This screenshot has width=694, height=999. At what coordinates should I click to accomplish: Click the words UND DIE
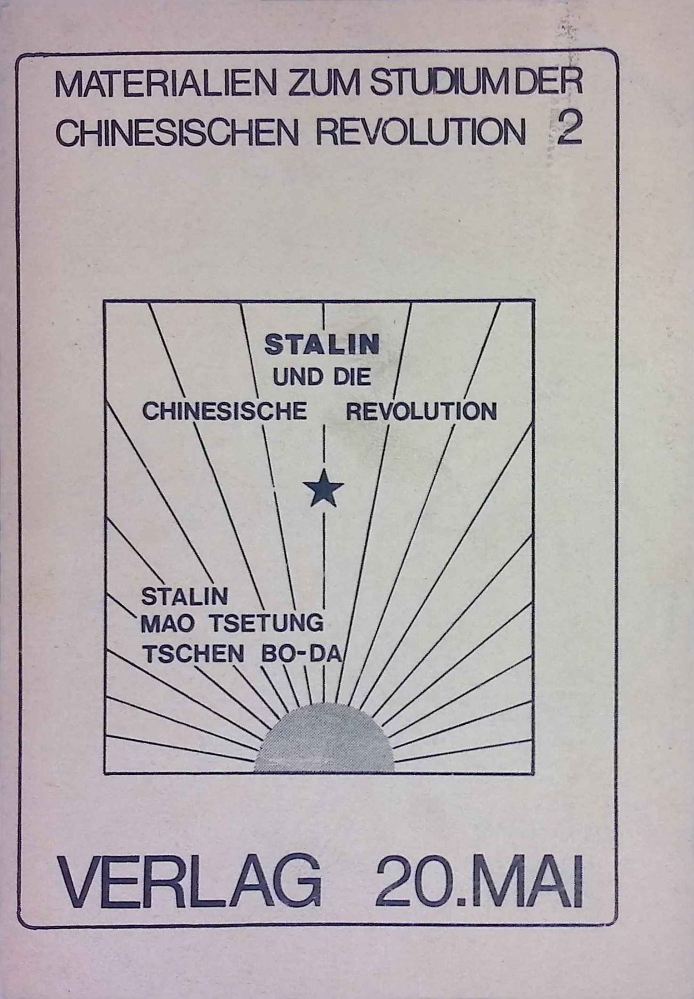(x=322, y=377)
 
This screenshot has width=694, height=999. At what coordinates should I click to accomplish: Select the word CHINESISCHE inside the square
(x=224, y=412)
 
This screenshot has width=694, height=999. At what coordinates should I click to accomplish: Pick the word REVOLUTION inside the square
(x=421, y=412)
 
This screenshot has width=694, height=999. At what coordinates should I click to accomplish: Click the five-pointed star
(x=324, y=488)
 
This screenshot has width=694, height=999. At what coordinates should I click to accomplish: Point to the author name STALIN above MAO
(x=185, y=596)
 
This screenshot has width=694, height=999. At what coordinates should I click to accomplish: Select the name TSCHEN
(x=194, y=654)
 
